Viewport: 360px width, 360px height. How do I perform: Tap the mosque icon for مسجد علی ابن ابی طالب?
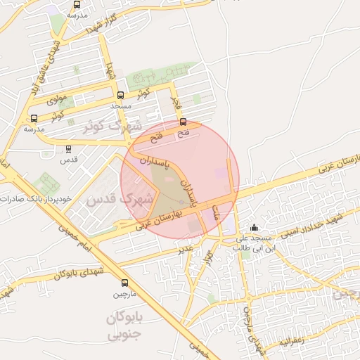pyautogui.click(x=255, y=228)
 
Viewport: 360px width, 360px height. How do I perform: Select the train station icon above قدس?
pyautogui.click(x=68, y=149)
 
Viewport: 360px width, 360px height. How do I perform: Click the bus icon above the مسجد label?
pyautogui.click(x=120, y=95)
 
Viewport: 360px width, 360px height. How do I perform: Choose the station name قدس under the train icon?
pyautogui.click(x=68, y=160)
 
